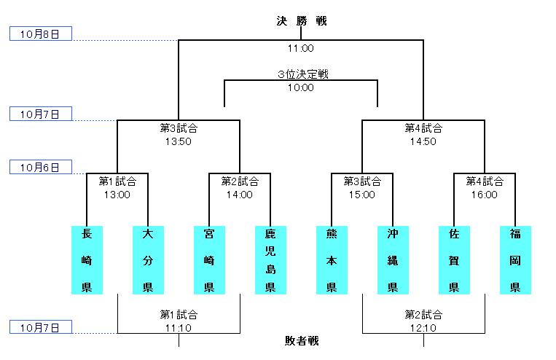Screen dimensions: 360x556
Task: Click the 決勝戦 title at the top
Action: coord(301,20)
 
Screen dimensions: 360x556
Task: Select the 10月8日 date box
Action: coord(40,34)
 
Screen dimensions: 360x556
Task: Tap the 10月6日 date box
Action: coord(40,167)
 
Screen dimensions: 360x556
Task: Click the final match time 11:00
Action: coord(301,49)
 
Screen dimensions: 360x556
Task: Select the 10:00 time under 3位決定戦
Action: coord(301,87)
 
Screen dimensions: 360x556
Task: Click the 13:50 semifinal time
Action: coord(179,141)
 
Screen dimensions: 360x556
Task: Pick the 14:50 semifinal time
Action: coord(423,141)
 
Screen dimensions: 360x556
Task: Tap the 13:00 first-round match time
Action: coord(117,195)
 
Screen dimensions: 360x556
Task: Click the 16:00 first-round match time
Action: coord(485,195)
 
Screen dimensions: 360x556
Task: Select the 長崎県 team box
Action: coord(87,260)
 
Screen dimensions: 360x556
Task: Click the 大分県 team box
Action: coord(148,260)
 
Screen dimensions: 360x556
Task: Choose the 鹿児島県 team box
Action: coord(270,260)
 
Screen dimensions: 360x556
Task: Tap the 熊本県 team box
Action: coord(332,260)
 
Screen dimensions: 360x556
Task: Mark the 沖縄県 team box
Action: coord(393,260)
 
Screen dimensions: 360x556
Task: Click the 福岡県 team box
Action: coord(515,260)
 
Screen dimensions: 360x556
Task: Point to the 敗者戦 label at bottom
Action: coord(301,340)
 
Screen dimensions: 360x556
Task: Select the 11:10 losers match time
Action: coord(179,329)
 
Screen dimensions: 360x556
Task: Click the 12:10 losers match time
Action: coord(423,329)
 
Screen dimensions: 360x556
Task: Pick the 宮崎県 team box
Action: coord(209,260)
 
